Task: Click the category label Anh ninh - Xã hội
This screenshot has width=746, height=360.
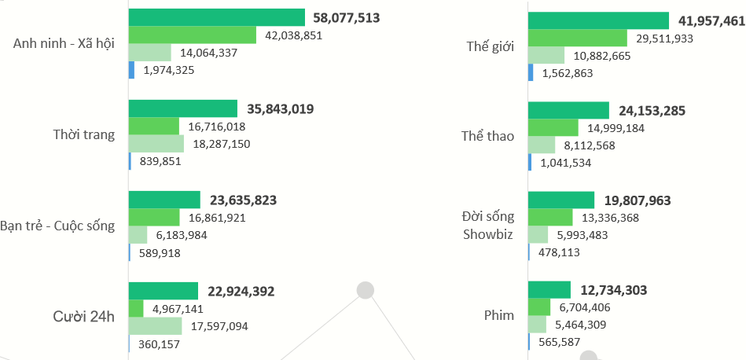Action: (64, 44)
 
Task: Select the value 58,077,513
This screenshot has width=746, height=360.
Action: (346, 17)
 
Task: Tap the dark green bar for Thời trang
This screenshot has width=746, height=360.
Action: (182, 108)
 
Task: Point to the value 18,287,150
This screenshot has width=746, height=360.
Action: (220, 144)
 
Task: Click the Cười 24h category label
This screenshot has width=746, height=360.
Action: (83, 317)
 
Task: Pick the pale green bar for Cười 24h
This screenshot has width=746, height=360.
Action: (155, 325)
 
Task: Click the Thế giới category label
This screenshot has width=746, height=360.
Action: (490, 46)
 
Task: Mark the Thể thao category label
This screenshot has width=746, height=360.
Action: (487, 136)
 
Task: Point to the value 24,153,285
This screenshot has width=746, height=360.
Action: (652, 111)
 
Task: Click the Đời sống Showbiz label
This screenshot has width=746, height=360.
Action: (488, 225)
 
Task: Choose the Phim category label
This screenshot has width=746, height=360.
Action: (499, 315)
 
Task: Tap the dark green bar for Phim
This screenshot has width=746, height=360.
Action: (549, 290)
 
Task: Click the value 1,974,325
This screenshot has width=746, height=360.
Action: (168, 70)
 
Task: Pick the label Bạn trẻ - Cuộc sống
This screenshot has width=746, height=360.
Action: (58, 226)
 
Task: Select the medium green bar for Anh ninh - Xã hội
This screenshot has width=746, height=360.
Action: (192, 35)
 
